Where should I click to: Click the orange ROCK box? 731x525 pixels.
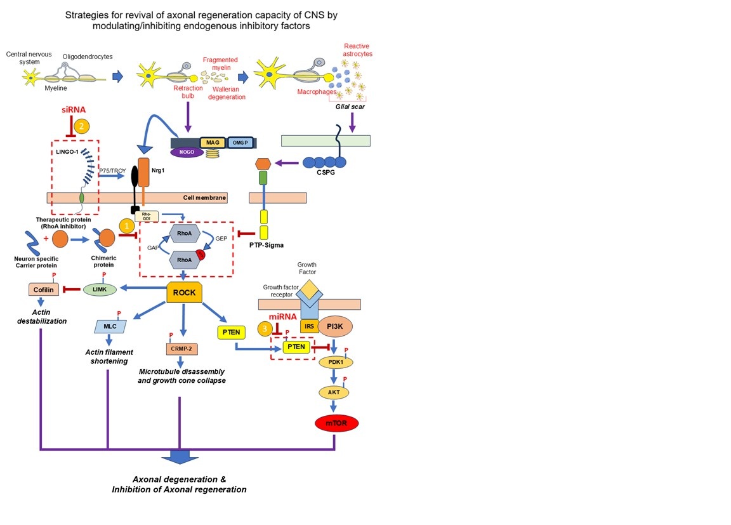184,293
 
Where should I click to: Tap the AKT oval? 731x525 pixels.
334,392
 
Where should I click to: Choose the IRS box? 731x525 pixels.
309,326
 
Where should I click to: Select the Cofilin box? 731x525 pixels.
44,289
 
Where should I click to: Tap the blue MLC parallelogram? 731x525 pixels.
108,326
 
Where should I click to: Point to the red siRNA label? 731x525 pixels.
74,109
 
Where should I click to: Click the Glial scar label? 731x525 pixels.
349,107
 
